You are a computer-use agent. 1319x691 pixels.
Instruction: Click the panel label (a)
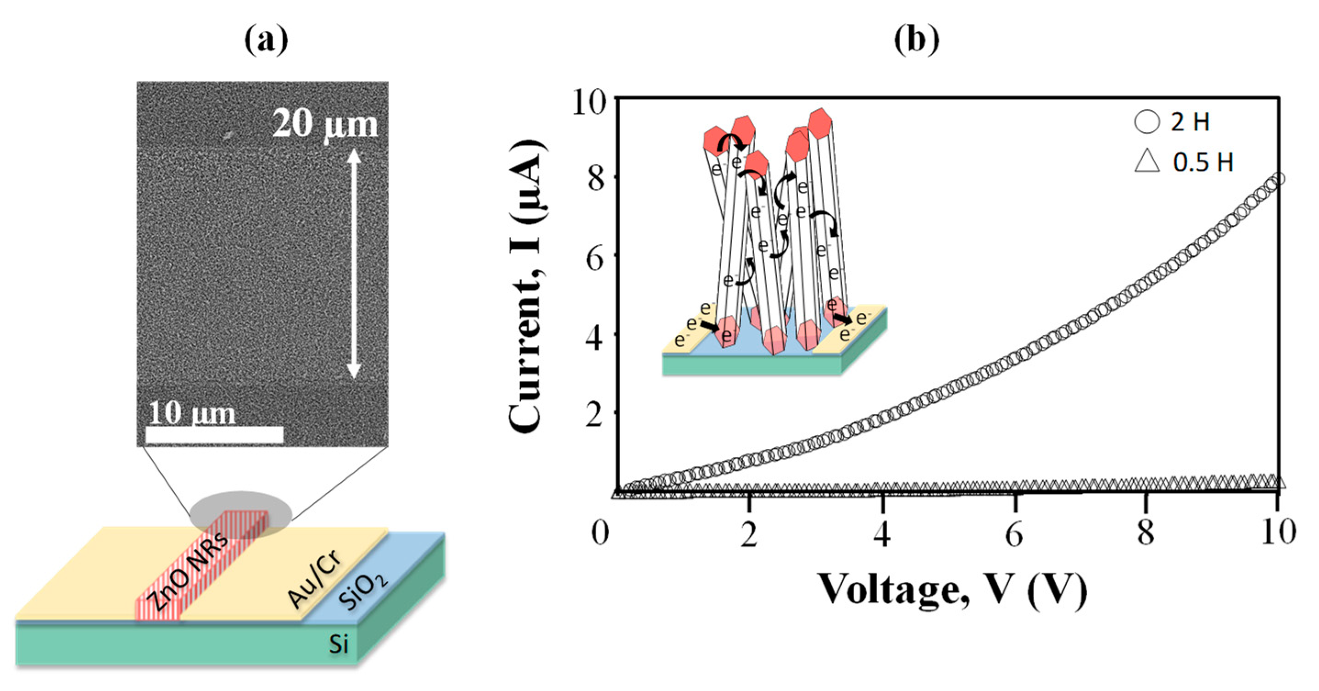(x=266, y=40)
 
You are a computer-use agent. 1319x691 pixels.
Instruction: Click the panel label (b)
(x=916, y=40)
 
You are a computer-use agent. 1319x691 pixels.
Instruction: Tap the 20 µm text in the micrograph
(x=325, y=124)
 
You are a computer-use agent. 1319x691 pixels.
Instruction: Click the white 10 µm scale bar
(x=215, y=435)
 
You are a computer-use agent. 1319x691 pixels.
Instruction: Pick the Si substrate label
(x=339, y=643)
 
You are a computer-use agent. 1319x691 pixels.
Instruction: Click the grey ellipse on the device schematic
(x=241, y=514)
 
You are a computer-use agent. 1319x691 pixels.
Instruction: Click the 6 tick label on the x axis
(x=1014, y=534)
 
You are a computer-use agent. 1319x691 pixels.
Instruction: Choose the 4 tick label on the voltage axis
(x=882, y=534)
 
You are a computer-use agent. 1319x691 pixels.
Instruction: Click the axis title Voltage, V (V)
(x=952, y=591)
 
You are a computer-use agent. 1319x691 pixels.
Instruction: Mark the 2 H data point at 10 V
(x=1278, y=179)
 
